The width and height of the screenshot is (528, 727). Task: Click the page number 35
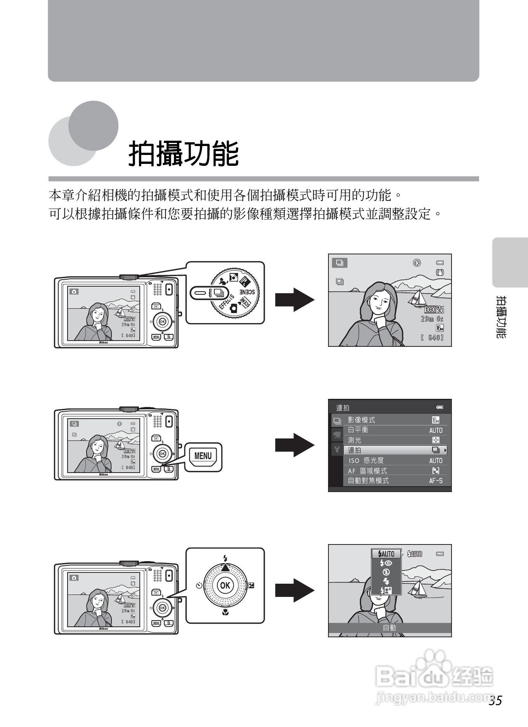point(495,700)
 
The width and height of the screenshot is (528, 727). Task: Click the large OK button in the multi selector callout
point(225,585)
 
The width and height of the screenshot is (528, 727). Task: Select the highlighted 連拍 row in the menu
point(395,450)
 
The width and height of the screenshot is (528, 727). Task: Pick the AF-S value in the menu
point(436,481)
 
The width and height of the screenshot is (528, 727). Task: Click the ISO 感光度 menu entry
point(366,461)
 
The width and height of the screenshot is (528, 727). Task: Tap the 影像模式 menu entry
point(361,420)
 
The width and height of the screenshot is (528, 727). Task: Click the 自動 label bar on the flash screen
point(390,628)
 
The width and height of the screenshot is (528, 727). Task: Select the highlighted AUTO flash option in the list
point(386,554)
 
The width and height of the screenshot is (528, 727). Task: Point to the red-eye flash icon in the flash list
point(386,563)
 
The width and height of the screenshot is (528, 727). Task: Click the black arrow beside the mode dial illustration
point(294,299)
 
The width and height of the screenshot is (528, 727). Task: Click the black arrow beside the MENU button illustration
point(294,445)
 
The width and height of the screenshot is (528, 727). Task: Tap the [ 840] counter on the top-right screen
point(432,337)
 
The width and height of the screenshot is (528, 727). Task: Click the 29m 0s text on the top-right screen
point(432,319)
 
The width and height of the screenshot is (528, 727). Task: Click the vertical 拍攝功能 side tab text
point(501,317)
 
